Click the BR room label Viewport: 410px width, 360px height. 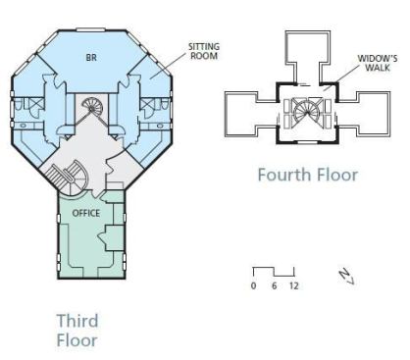91,58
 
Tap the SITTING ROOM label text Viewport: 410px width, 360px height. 204,51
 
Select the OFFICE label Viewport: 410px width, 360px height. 86,213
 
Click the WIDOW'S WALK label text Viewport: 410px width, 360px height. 378,63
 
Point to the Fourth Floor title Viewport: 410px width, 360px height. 308,175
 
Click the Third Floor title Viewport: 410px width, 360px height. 77,331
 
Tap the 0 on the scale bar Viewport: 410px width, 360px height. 253,285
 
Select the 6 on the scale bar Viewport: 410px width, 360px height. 274,285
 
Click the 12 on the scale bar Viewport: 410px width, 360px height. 294,285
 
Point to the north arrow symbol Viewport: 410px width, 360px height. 347,278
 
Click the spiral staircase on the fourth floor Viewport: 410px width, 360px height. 307,112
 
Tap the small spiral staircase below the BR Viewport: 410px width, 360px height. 92,107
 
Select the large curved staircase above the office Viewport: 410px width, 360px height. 70,178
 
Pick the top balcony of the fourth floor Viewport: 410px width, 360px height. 307,57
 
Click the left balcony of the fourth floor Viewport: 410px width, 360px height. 251,114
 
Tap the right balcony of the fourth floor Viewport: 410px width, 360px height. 364,114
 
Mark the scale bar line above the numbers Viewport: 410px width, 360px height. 274,272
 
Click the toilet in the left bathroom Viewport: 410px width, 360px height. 19,105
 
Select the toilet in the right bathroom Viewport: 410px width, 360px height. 165,104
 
